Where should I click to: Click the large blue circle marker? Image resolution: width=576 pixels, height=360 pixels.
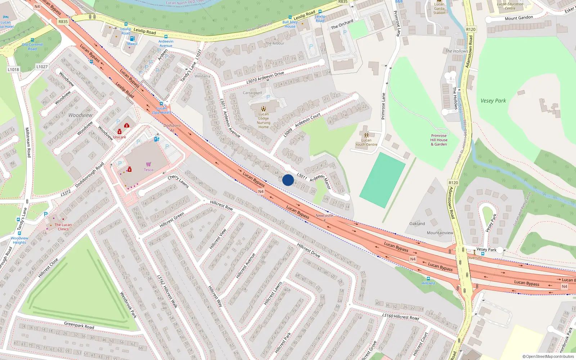tap(288, 180)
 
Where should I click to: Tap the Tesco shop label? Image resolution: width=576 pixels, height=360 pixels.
tap(148, 170)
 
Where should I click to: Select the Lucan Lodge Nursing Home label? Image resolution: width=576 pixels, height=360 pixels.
tap(264, 121)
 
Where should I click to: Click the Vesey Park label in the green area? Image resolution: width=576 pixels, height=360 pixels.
tap(493, 101)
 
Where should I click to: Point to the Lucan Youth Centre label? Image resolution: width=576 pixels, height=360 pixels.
tap(366, 142)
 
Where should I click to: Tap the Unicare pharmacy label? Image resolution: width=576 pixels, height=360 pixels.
tap(120, 137)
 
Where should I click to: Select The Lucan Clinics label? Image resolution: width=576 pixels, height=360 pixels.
tap(63, 227)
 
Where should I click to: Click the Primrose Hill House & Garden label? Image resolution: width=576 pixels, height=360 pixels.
tap(439, 140)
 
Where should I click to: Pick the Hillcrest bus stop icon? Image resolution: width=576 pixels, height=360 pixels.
tap(428, 279)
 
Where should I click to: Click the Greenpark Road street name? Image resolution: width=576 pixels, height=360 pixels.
tap(79, 325)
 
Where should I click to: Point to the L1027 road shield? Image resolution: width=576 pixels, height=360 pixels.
tap(42, 67)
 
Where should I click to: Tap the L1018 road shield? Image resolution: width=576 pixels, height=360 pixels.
tap(13, 69)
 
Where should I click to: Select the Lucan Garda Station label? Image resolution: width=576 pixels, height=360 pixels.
tap(439, 9)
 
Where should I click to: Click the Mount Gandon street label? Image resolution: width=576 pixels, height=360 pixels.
tap(518, 18)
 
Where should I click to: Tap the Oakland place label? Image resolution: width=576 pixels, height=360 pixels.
tap(417, 224)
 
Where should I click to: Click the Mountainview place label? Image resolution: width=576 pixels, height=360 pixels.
tap(440, 233)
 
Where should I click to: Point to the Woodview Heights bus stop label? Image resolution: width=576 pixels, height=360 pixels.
tap(19, 240)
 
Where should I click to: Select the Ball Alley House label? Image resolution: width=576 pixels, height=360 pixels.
tap(290, 24)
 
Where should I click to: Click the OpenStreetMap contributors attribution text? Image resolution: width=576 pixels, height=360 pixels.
tap(548, 357)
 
